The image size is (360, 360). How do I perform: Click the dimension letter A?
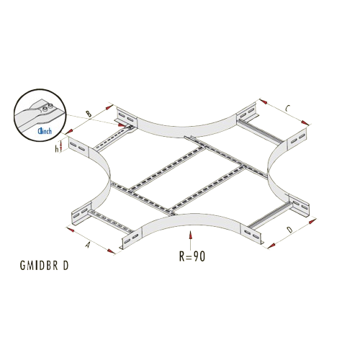point(89,245)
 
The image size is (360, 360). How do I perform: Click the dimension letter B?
point(89,114)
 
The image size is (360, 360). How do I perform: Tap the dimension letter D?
point(290,230)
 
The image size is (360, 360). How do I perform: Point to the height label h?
point(57,149)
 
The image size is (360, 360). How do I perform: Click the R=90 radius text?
point(192,256)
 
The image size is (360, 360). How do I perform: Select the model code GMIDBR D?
point(45,266)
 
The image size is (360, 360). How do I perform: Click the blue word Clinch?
point(45,131)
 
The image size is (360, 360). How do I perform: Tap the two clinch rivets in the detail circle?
point(48,107)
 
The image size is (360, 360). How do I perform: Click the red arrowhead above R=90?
point(190,235)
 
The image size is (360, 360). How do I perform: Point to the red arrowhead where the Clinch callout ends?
point(122,125)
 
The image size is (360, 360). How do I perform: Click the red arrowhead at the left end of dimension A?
point(71,230)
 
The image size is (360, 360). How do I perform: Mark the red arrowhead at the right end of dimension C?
point(305,123)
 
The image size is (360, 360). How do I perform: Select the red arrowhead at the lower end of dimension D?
point(271,246)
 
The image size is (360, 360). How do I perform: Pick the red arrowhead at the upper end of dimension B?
point(109,107)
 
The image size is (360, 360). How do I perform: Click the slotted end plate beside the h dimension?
point(78,147)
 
